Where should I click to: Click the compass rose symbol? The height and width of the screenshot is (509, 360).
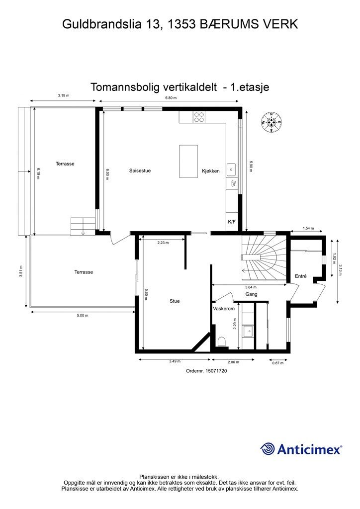[x=271, y=122]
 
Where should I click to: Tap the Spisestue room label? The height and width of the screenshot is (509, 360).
[x=140, y=171]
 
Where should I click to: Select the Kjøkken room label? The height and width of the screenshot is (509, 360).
[x=210, y=171]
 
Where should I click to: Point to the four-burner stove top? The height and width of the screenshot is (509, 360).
[x=198, y=117]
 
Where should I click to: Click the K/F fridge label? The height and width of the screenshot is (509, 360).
[x=232, y=222]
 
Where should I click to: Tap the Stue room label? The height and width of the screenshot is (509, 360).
[x=175, y=301]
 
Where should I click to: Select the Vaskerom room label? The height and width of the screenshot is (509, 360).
[x=224, y=309]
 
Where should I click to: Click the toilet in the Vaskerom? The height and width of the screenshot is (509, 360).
[x=222, y=341]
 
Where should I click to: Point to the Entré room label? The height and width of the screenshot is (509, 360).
[x=301, y=276]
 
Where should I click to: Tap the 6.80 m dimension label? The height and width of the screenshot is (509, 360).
[x=171, y=99]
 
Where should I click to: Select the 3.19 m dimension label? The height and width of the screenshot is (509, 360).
[x=63, y=95]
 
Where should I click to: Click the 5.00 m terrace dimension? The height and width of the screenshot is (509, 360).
[x=82, y=316]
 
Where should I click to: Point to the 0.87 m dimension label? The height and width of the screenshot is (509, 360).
[x=278, y=363]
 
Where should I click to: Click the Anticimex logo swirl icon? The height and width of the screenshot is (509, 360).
[x=268, y=449]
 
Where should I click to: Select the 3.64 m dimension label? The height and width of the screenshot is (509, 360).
[x=251, y=287]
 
